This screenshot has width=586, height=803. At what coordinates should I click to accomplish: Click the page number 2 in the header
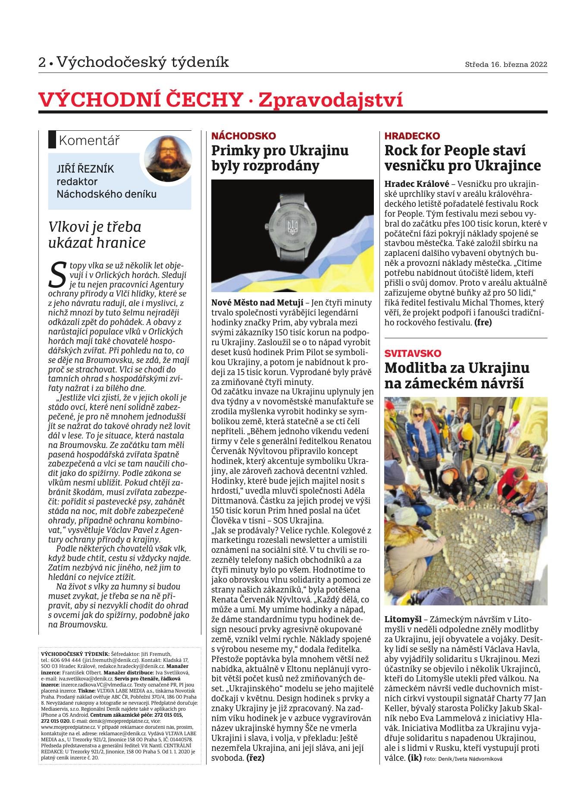click(42, 63)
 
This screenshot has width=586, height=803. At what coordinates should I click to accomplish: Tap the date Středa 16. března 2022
click(506, 65)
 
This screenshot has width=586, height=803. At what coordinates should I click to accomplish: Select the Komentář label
click(89, 140)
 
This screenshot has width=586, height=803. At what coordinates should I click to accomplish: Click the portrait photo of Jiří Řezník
click(168, 158)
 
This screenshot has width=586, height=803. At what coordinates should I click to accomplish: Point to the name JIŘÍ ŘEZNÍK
click(85, 169)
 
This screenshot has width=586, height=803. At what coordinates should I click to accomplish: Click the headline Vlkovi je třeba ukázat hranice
click(97, 235)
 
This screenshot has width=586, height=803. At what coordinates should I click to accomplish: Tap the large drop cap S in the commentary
click(58, 274)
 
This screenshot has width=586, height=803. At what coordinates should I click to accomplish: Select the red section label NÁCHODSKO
click(243, 136)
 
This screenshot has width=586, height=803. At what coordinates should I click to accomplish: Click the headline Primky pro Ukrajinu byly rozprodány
click(280, 158)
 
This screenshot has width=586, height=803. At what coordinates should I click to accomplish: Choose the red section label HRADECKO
click(412, 136)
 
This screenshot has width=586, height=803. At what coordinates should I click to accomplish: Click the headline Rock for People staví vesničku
click(462, 158)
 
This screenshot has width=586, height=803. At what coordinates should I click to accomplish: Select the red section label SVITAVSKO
click(413, 353)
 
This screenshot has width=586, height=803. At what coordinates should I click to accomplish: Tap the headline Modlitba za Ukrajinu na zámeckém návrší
click(457, 375)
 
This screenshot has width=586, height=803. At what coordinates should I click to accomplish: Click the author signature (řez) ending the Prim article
click(255, 757)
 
